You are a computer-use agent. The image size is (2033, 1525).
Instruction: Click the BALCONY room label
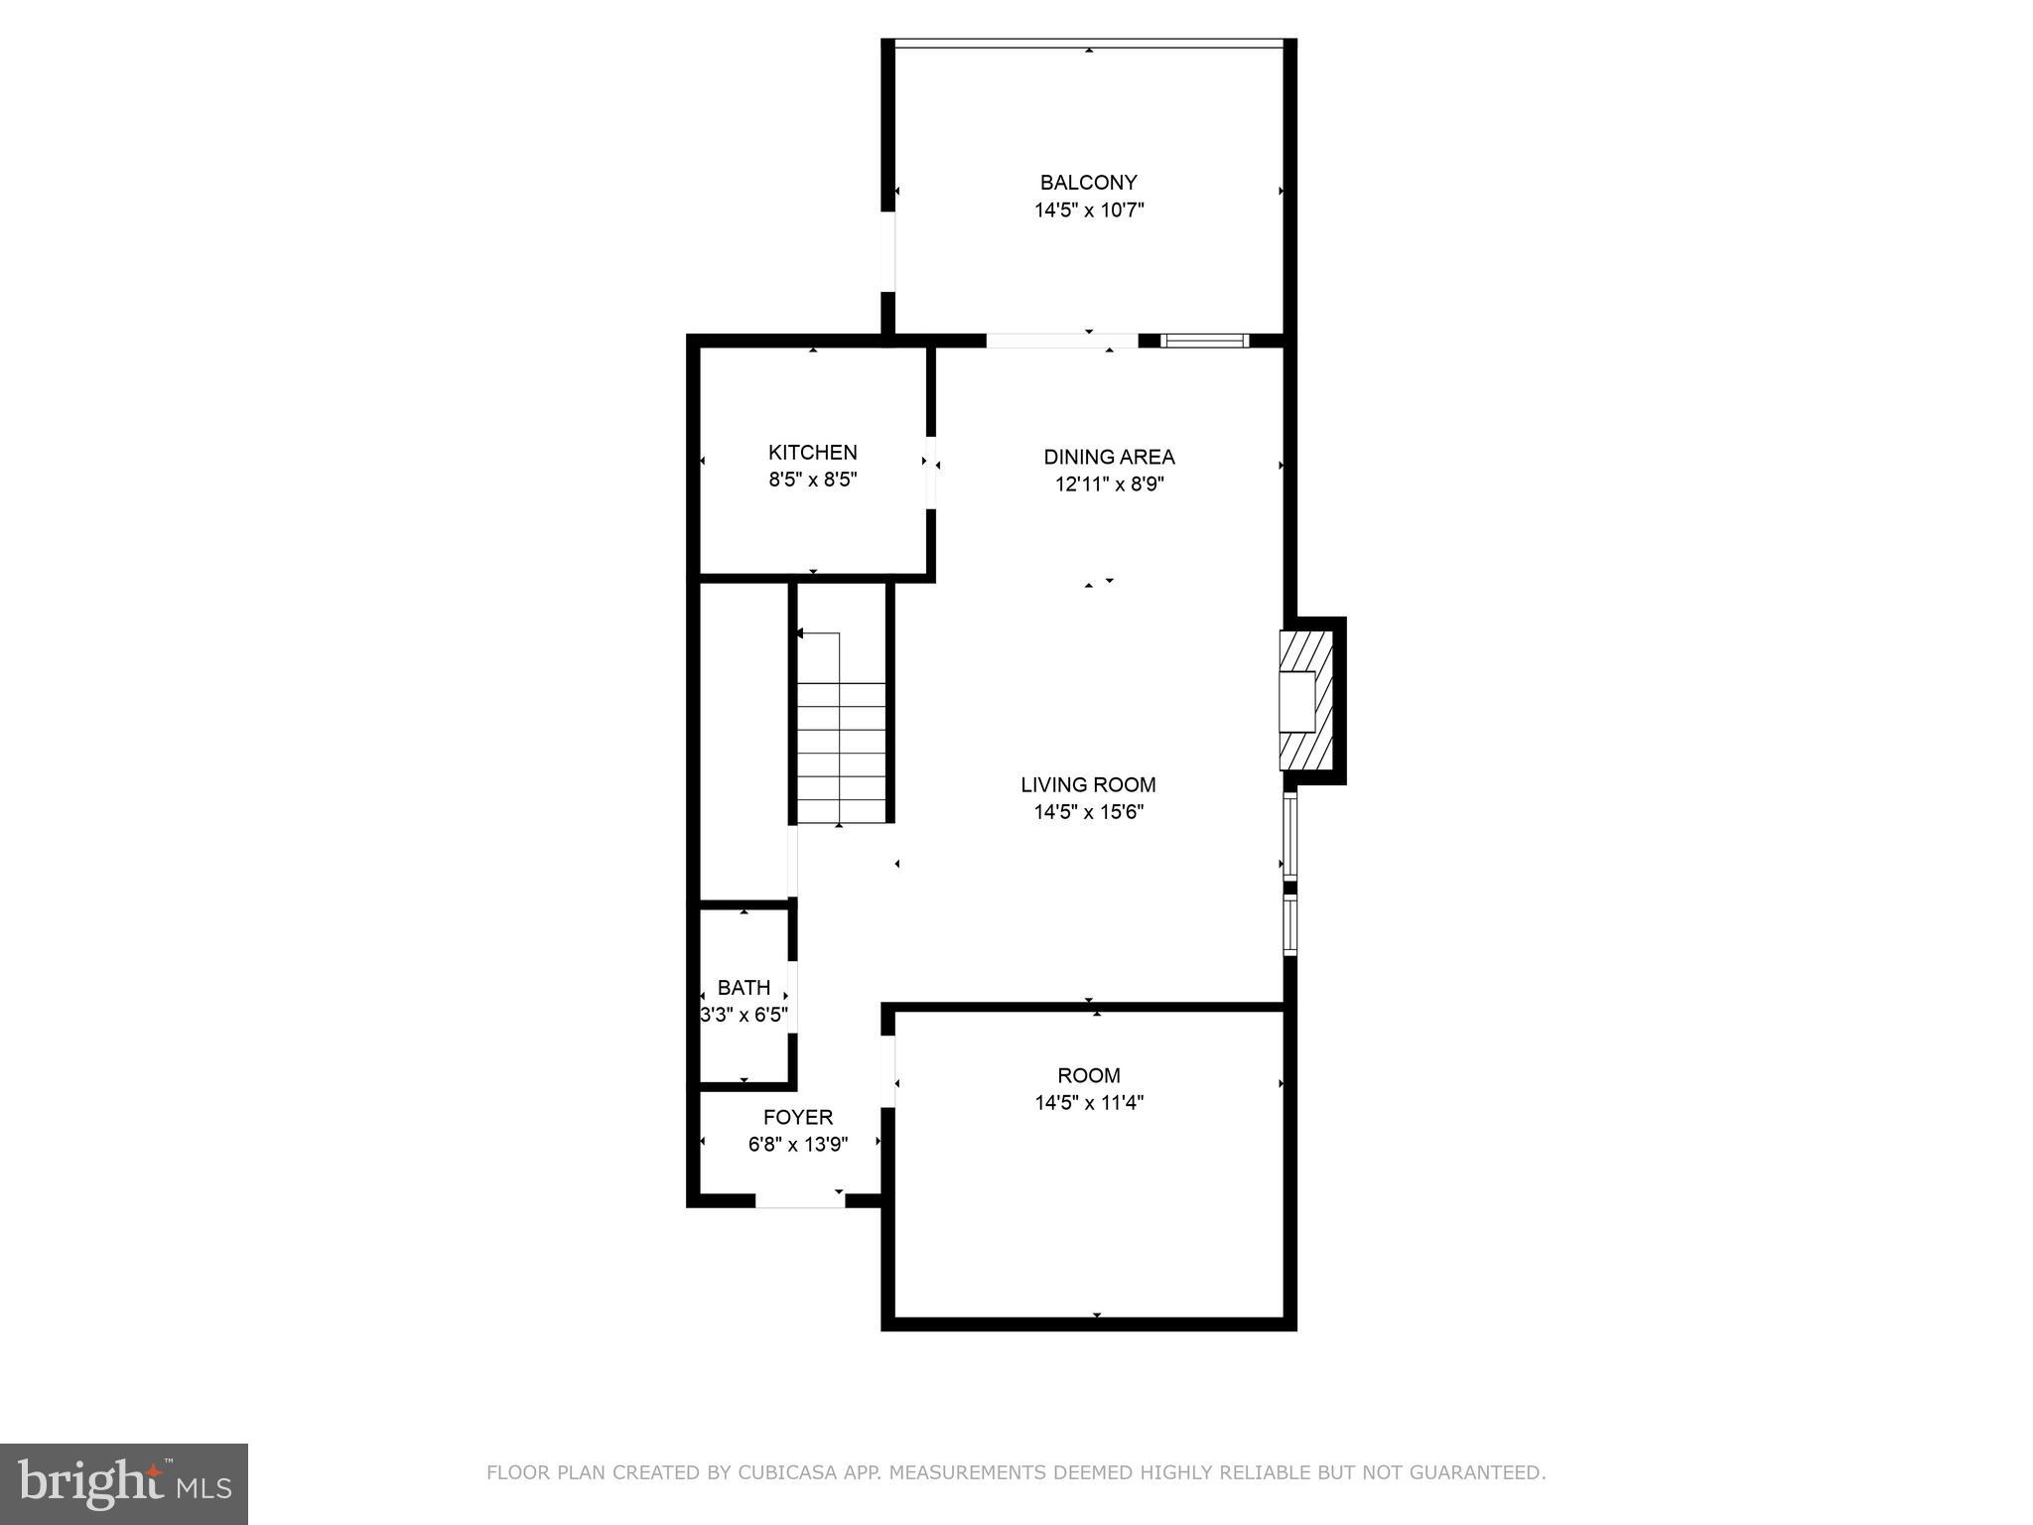point(1088,183)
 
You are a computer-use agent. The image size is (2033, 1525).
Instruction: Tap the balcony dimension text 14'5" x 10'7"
point(1089,210)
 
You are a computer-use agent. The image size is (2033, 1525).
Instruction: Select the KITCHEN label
point(812,453)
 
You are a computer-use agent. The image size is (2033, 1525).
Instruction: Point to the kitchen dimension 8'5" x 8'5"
point(812,481)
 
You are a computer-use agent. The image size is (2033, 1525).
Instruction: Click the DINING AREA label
point(1109,458)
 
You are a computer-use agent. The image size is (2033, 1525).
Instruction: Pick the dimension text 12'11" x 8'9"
point(1109,485)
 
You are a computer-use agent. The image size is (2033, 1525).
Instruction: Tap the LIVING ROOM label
point(1088,785)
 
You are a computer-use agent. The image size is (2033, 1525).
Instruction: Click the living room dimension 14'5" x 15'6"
point(1088,812)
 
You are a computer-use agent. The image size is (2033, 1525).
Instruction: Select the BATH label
point(744,988)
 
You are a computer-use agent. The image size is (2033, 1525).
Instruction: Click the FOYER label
point(797,1118)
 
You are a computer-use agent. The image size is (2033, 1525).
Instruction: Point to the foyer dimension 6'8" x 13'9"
point(797,1145)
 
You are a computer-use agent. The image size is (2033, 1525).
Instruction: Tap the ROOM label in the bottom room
point(1088,1075)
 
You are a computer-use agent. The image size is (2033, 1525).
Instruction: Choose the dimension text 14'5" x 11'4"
point(1088,1102)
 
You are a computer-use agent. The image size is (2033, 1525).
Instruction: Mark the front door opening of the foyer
point(800,1201)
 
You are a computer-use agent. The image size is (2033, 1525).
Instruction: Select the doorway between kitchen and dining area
point(930,473)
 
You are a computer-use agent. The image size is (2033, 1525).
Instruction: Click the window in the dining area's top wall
point(1204,341)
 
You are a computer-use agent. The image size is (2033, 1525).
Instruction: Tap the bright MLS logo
point(124,1484)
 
